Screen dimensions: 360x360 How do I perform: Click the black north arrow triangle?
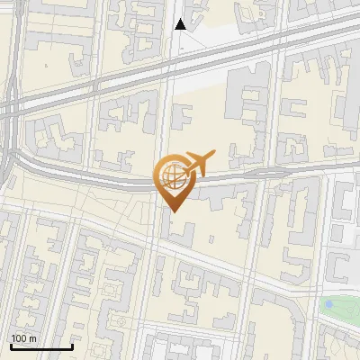tap(180, 24)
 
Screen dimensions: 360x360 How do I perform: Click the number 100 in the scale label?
tap(18, 338)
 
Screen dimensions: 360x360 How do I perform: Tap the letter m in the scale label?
tap(31, 338)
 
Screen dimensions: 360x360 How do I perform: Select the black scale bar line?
tap(41, 346)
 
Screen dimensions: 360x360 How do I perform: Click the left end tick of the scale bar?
tap(11, 345)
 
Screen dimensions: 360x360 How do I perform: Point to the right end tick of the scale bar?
tap(72, 345)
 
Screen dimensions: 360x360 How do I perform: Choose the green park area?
tap(340, 310)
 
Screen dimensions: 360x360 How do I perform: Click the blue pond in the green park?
tap(328, 304)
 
